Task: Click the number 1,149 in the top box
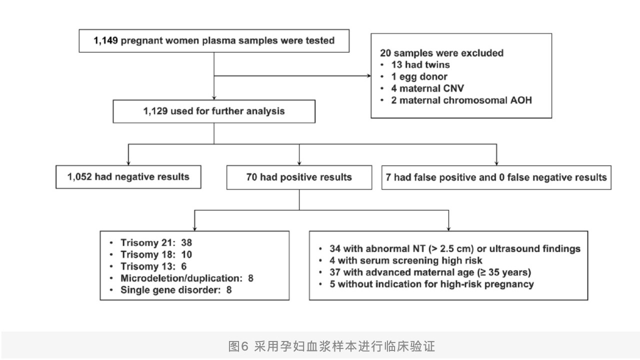(x=105, y=40)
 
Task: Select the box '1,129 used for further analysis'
(x=214, y=111)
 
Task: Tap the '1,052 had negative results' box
(x=128, y=177)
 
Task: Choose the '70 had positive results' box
(x=299, y=177)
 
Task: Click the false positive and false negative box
(x=496, y=177)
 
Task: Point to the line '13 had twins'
(x=420, y=65)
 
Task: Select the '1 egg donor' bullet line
(x=419, y=76)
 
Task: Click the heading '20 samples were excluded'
(x=441, y=53)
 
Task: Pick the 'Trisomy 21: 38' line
(x=156, y=242)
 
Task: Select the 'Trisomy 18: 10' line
(x=156, y=254)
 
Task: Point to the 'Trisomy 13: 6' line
(x=153, y=266)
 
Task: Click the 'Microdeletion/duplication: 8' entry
(x=187, y=278)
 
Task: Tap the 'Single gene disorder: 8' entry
(x=176, y=290)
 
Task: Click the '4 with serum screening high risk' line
(x=405, y=260)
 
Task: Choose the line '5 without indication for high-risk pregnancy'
(x=431, y=284)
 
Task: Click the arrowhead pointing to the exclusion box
(x=369, y=75)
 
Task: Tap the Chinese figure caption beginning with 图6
(x=331, y=346)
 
